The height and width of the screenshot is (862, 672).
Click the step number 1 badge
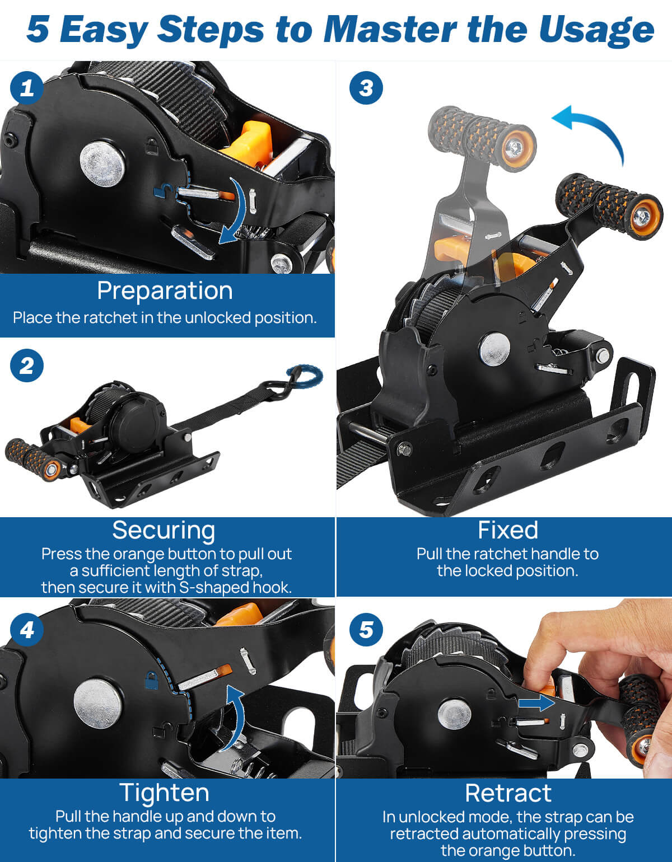[26, 88]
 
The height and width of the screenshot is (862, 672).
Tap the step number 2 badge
[26, 366]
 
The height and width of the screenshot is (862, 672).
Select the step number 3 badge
[366, 88]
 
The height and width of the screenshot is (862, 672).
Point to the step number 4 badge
[26, 630]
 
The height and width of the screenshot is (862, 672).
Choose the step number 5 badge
[366, 630]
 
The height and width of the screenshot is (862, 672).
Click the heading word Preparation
[165, 291]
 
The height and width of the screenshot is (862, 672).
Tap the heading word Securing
[164, 531]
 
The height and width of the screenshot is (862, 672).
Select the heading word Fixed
[508, 530]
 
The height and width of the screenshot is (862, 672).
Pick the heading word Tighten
[164, 793]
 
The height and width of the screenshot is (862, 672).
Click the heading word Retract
[508, 793]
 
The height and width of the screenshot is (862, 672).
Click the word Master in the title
[390, 30]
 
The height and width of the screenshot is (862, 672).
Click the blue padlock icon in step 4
[151, 680]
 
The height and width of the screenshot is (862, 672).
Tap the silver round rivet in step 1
[102, 164]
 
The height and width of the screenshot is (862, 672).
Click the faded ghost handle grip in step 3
[482, 139]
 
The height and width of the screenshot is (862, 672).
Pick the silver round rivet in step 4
[97, 704]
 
